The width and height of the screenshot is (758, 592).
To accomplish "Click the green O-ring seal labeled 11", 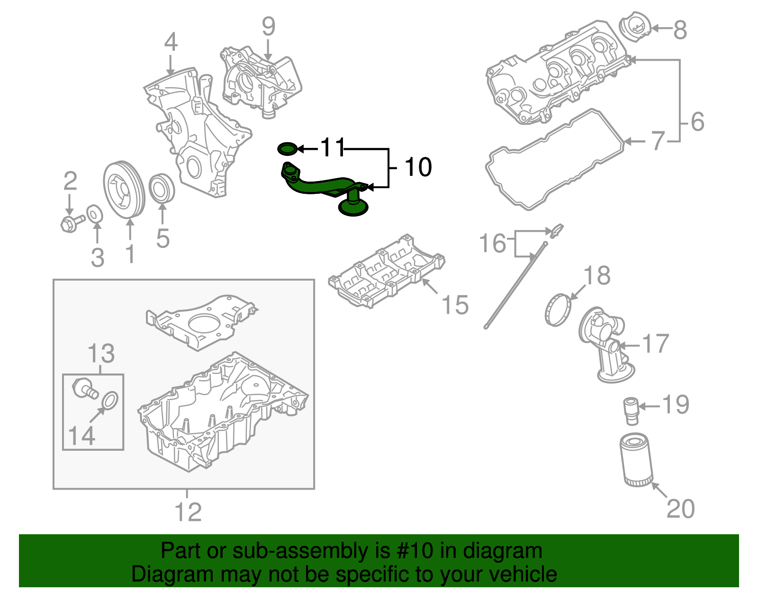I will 287,149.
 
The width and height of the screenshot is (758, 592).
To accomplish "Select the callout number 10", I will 418,167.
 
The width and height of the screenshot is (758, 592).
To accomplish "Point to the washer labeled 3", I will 94,214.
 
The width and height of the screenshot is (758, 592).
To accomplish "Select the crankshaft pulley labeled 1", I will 123,190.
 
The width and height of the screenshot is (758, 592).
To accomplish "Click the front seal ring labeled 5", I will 162,189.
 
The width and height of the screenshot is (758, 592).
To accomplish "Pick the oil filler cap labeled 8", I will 635,29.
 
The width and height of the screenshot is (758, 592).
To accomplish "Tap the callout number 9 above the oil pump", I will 268,27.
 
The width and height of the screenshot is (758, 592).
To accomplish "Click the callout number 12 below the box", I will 188,512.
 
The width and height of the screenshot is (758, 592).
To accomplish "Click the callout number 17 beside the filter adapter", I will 655,344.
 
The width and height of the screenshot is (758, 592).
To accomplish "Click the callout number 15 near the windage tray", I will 455,305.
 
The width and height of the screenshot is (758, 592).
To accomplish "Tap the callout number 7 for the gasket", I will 658,141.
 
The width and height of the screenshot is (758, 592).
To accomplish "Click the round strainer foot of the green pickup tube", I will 353,208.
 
